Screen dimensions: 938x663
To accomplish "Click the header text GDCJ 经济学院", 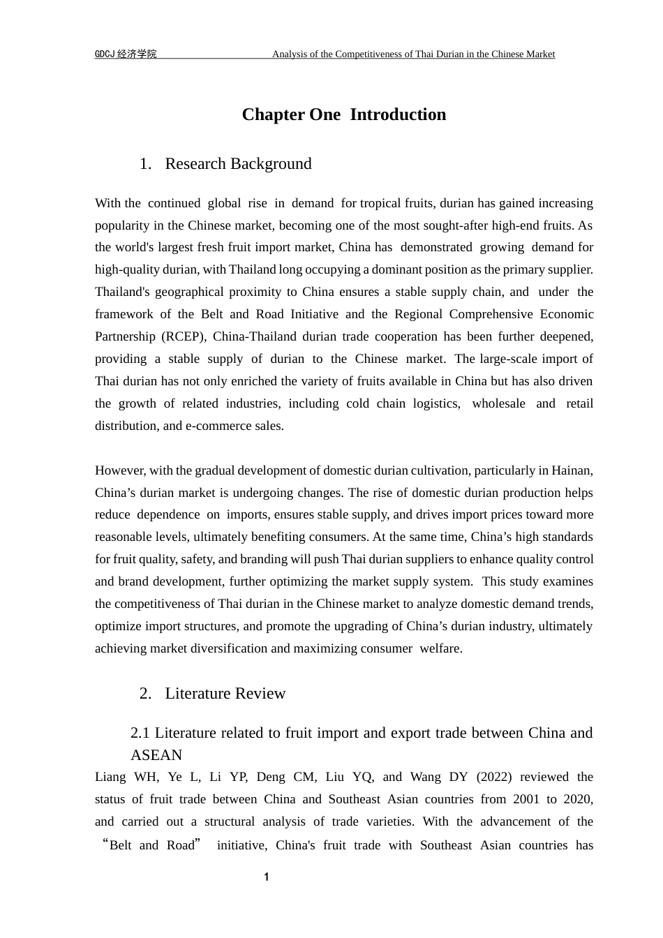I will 126,54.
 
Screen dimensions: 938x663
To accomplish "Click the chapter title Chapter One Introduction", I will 343,114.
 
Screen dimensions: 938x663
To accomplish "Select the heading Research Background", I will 238,164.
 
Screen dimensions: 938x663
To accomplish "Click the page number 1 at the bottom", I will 266,877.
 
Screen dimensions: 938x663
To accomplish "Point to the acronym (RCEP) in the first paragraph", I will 184,336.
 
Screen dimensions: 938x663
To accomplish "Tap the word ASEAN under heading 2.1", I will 156,755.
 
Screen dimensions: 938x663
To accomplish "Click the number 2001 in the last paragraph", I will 526,800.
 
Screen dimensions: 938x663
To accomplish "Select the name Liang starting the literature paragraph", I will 110,777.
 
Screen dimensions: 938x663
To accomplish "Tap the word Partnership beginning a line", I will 124,336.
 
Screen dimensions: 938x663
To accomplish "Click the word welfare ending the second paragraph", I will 440,648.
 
